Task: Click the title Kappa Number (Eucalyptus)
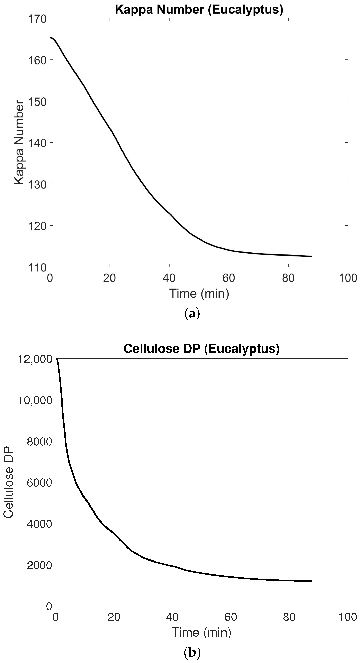click(199, 10)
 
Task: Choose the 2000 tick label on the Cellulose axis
click(39, 566)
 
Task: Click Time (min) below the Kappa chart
click(199, 293)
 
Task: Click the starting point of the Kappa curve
click(51, 38)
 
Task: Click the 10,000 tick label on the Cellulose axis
click(35, 400)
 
